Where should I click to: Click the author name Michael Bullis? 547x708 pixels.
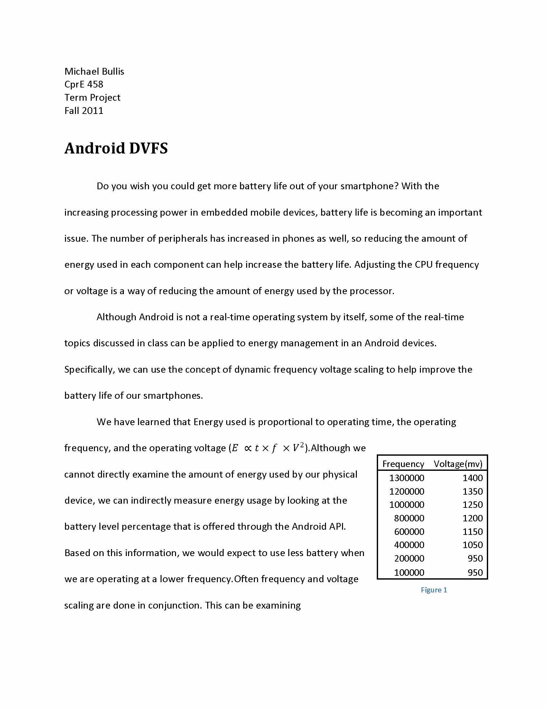[x=94, y=71]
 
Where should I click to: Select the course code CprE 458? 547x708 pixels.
[x=84, y=84]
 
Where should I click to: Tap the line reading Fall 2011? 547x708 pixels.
[x=84, y=111]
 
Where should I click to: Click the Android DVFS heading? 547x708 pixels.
[x=116, y=148]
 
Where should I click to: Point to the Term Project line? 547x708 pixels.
[x=92, y=98]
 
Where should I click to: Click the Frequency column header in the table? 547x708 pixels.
[x=403, y=464]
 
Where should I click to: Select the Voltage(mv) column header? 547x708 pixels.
[x=458, y=464]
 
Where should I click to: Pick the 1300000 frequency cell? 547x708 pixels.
[x=406, y=478]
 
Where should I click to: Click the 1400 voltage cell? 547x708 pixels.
[x=472, y=478]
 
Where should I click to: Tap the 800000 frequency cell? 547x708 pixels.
[x=409, y=518]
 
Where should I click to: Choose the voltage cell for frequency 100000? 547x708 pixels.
[x=475, y=572]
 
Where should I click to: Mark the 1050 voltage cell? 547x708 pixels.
[x=472, y=545]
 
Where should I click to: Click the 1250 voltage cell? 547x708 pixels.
[x=472, y=505]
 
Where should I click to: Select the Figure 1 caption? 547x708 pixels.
[x=434, y=590]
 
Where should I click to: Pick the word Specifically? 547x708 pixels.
[x=89, y=369]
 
